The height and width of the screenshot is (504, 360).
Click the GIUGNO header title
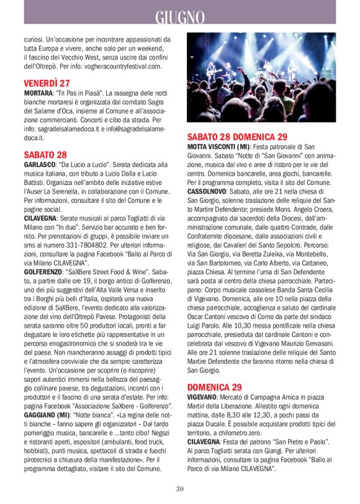(180, 16)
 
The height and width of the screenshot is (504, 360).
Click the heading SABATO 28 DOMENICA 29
(237, 136)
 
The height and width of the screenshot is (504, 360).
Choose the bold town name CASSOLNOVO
(210, 192)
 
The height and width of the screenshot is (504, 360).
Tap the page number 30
(180, 488)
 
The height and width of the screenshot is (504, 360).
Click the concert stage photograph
(262, 77)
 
